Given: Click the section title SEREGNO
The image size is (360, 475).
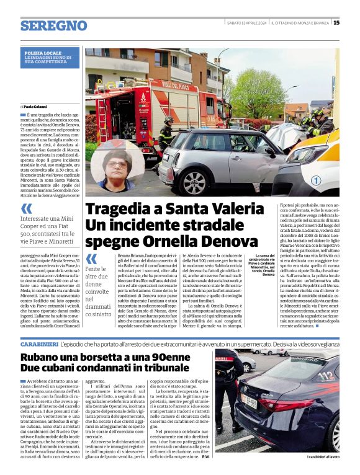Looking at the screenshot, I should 53,25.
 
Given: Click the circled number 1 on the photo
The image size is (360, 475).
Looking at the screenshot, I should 316,180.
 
